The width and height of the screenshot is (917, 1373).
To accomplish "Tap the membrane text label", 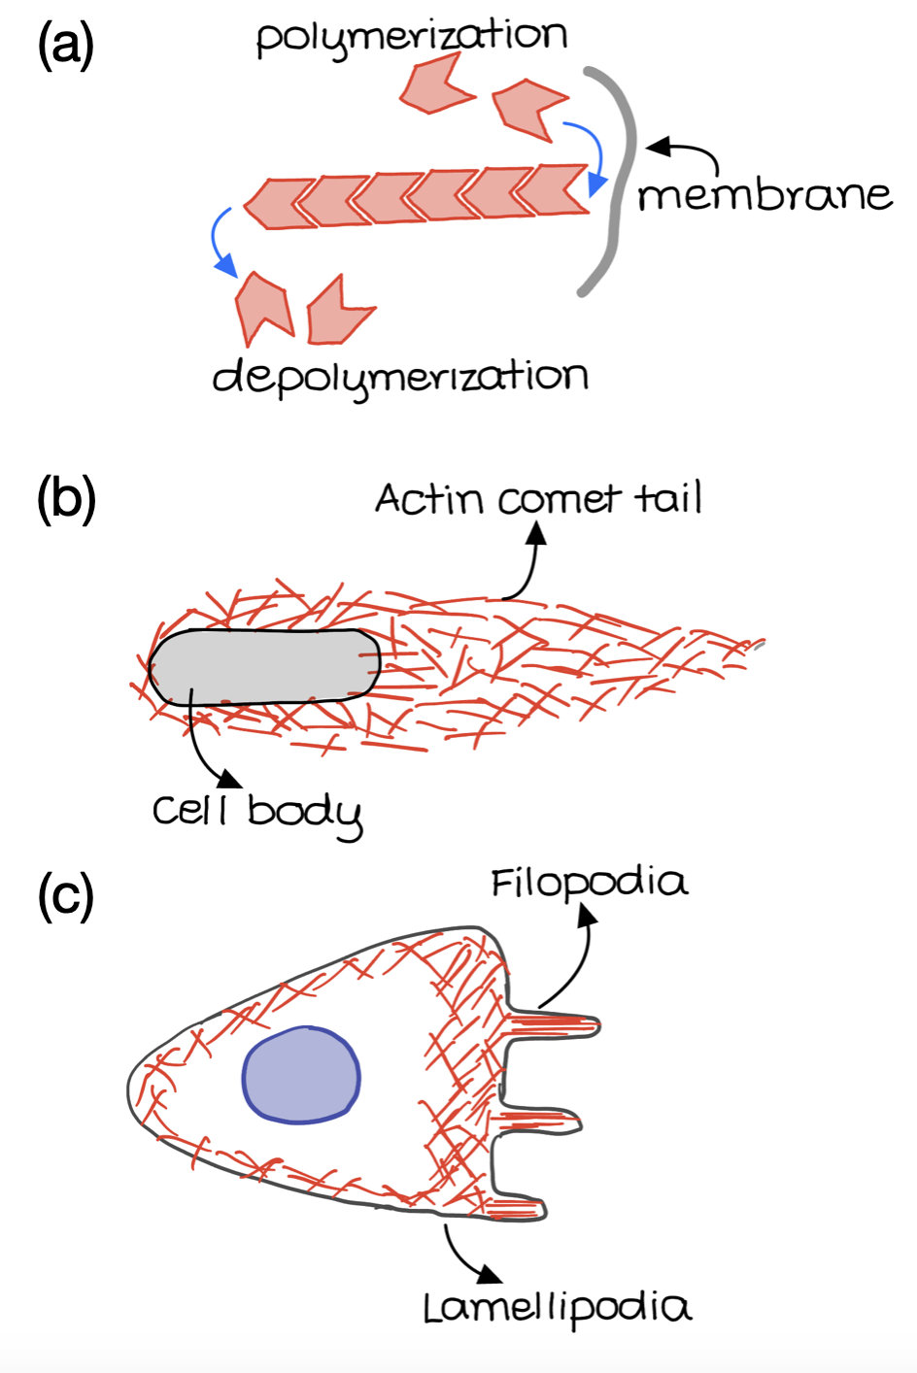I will tap(764, 196).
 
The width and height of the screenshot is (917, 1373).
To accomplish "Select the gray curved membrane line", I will tap(621, 184).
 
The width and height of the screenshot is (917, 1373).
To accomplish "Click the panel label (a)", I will tap(66, 45).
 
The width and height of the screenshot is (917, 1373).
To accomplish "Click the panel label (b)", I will tap(66, 501).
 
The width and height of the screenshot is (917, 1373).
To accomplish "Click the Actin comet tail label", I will tap(538, 500).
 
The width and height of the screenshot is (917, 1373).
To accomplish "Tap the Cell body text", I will tap(256, 812).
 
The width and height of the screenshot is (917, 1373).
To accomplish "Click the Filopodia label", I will tap(589, 884).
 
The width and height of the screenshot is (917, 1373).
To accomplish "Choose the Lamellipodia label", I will tap(557, 1309).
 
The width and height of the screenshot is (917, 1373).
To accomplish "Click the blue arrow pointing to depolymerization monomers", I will tap(221, 243).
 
